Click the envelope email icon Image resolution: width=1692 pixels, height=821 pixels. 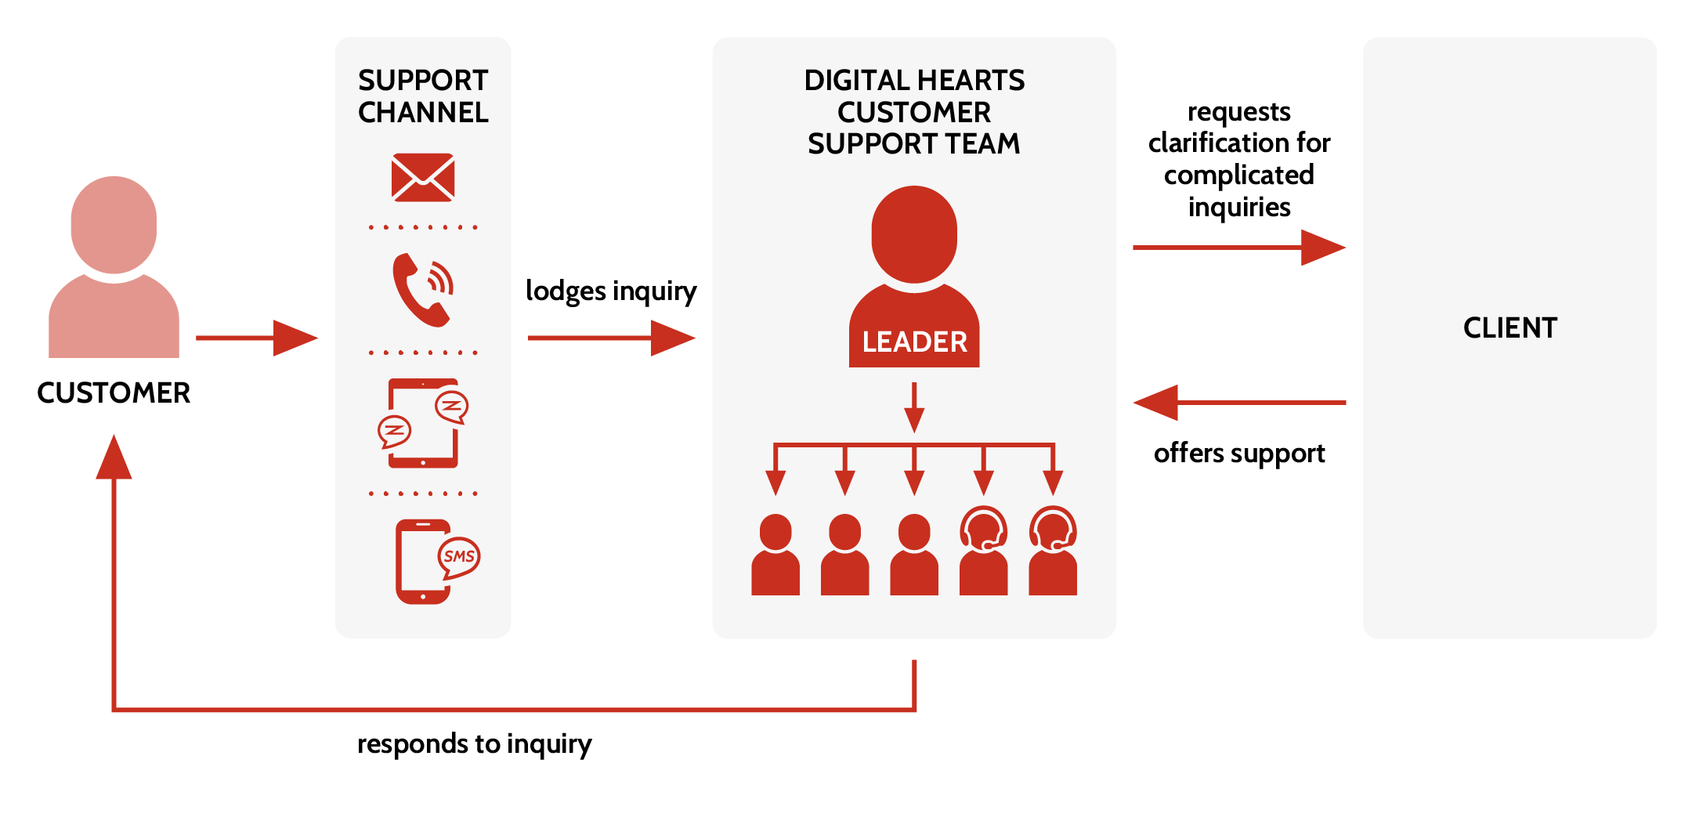[423, 177]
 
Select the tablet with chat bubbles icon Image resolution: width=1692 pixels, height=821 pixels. [423, 423]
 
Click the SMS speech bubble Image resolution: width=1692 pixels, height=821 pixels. [459, 556]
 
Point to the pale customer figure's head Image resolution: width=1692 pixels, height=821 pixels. [114, 225]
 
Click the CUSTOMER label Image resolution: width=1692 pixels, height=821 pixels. [114, 392]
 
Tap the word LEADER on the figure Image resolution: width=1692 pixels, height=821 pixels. [914, 342]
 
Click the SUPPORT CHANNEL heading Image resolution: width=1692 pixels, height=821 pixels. [423, 96]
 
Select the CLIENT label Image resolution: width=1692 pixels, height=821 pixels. [1510, 327]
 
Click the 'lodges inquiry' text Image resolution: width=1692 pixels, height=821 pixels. [611, 291]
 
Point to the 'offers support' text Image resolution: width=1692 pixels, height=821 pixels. [1239, 454]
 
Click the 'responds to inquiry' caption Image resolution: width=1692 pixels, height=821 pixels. [474, 743]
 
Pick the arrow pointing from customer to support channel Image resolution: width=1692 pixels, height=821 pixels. [257, 338]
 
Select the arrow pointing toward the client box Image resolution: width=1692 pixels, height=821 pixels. [1239, 248]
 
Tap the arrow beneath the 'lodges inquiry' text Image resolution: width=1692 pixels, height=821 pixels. [612, 338]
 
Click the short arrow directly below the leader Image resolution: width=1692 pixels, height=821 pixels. [914, 407]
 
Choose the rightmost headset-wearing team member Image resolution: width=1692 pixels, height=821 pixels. [1053, 551]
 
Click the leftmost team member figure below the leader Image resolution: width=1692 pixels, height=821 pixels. [775, 555]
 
